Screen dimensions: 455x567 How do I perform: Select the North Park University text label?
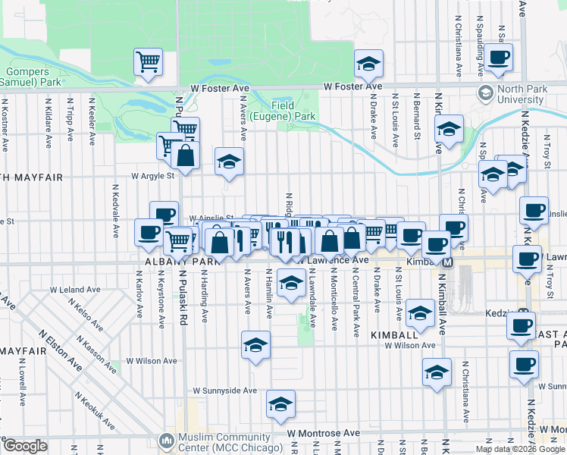tap(522, 94)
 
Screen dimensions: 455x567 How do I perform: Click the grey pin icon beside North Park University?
tap(485, 93)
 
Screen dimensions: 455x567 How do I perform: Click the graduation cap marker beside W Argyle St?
tap(229, 162)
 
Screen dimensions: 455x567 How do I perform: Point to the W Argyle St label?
tap(153, 176)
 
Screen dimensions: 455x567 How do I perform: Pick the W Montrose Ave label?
tap(324, 433)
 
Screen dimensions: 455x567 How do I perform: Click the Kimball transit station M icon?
tap(447, 262)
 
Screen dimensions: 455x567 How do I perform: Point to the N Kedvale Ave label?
tap(116, 207)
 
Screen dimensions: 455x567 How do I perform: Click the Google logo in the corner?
tap(25, 446)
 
